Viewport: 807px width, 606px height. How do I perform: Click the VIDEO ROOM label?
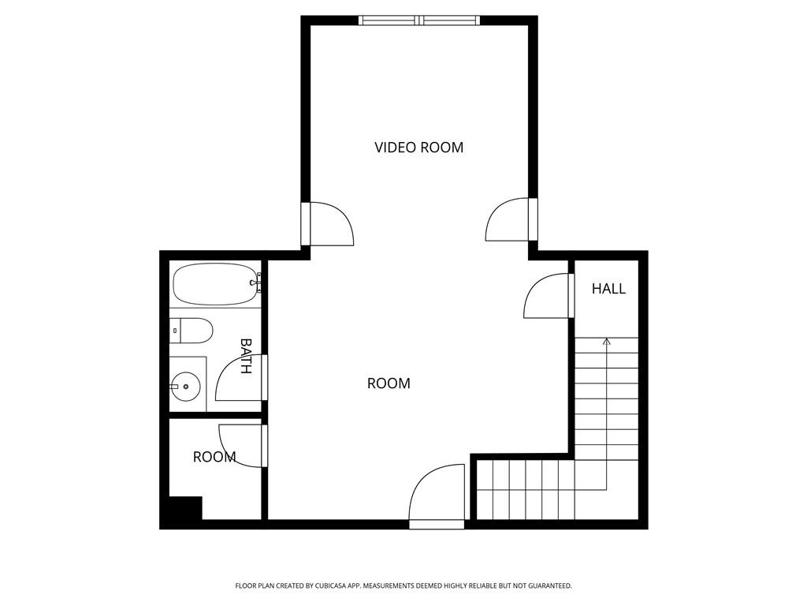[x=418, y=148]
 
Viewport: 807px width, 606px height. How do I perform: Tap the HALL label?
[x=608, y=289]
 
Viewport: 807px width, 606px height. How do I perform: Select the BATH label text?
[x=246, y=356]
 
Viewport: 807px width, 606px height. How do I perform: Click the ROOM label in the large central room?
[x=389, y=383]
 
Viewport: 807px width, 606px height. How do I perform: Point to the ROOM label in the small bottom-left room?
[x=214, y=457]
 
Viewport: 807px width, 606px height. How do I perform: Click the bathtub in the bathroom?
[x=215, y=284]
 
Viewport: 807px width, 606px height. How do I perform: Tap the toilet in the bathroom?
[x=192, y=331]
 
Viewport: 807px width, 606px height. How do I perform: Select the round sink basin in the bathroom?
[x=185, y=387]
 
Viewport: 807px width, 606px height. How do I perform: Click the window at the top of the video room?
[x=419, y=21]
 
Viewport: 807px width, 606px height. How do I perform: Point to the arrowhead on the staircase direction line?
[x=606, y=341]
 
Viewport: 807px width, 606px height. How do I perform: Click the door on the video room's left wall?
[x=327, y=224]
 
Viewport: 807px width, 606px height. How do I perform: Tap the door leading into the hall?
[x=547, y=296]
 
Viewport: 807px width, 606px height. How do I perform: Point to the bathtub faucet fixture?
[x=255, y=282]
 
